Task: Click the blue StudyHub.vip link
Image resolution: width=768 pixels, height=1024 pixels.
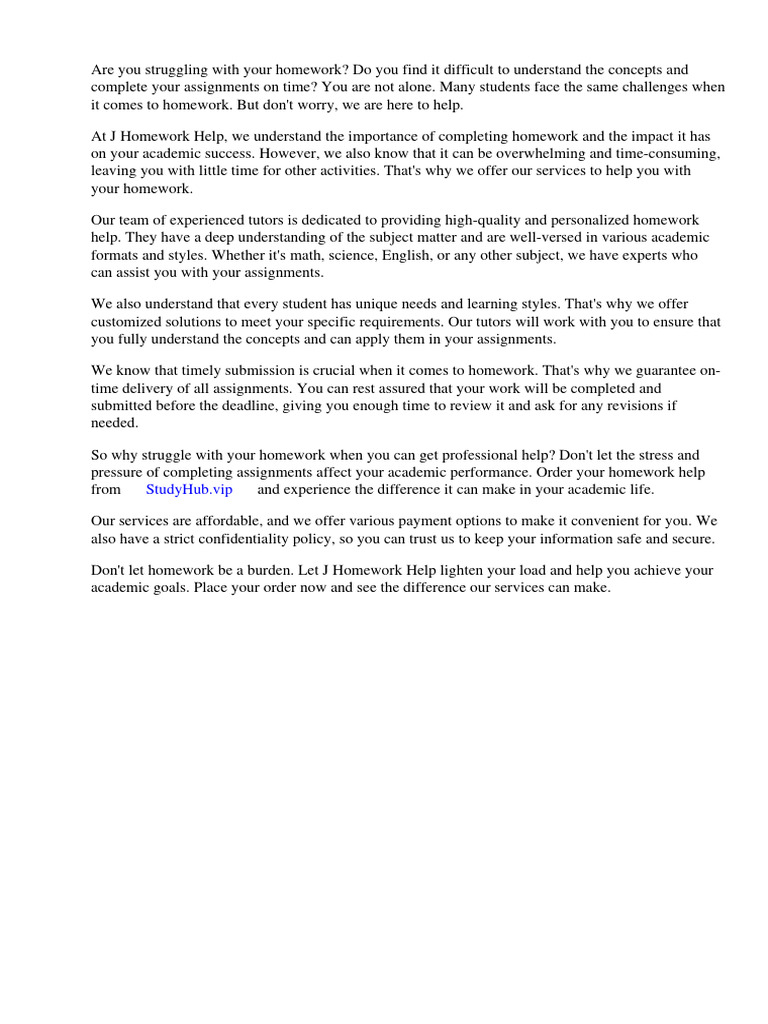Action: pos(189,489)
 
